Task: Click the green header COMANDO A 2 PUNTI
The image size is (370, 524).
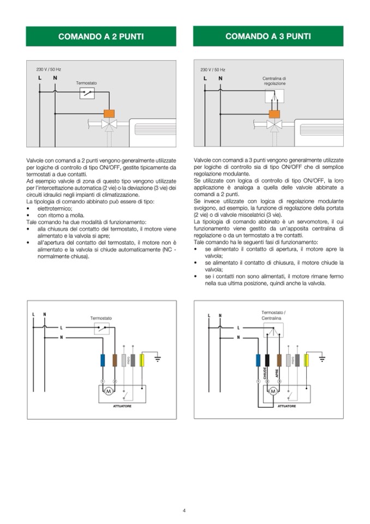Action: pyautogui.click(x=101, y=37)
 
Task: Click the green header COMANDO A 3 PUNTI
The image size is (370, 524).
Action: pyautogui.click(x=268, y=37)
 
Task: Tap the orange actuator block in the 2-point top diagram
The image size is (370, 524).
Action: pyautogui.click(x=109, y=114)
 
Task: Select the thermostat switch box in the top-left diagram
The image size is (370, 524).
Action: pyautogui.click(x=87, y=93)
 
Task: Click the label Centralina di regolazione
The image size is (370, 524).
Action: pyautogui.click(x=274, y=81)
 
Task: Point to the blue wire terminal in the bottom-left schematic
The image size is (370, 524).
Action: pyautogui.click(x=103, y=360)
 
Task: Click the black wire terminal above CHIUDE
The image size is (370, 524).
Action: pyautogui.click(x=267, y=360)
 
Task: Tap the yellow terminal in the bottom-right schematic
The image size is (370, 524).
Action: pyautogui.click(x=307, y=360)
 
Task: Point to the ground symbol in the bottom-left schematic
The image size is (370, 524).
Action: pyautogui.click(x=158, y=359)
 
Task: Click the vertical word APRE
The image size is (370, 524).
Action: pyautogui.click(x=277, y=373)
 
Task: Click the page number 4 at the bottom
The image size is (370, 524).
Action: pyautogui.click(x=184, y=510)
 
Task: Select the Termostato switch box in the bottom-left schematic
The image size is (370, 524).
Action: pyautogui.click(x=102, y=328)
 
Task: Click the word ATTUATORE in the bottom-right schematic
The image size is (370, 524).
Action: pyautogui.click(x=287, y=406)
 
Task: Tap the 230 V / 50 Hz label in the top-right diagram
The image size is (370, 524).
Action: pyautogui.click(x=213, y=70)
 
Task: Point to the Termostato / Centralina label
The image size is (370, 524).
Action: pyautogui.click(x=273, y=315)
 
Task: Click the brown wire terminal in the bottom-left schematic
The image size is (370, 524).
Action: pyautogui.click(x=115, y=360)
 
